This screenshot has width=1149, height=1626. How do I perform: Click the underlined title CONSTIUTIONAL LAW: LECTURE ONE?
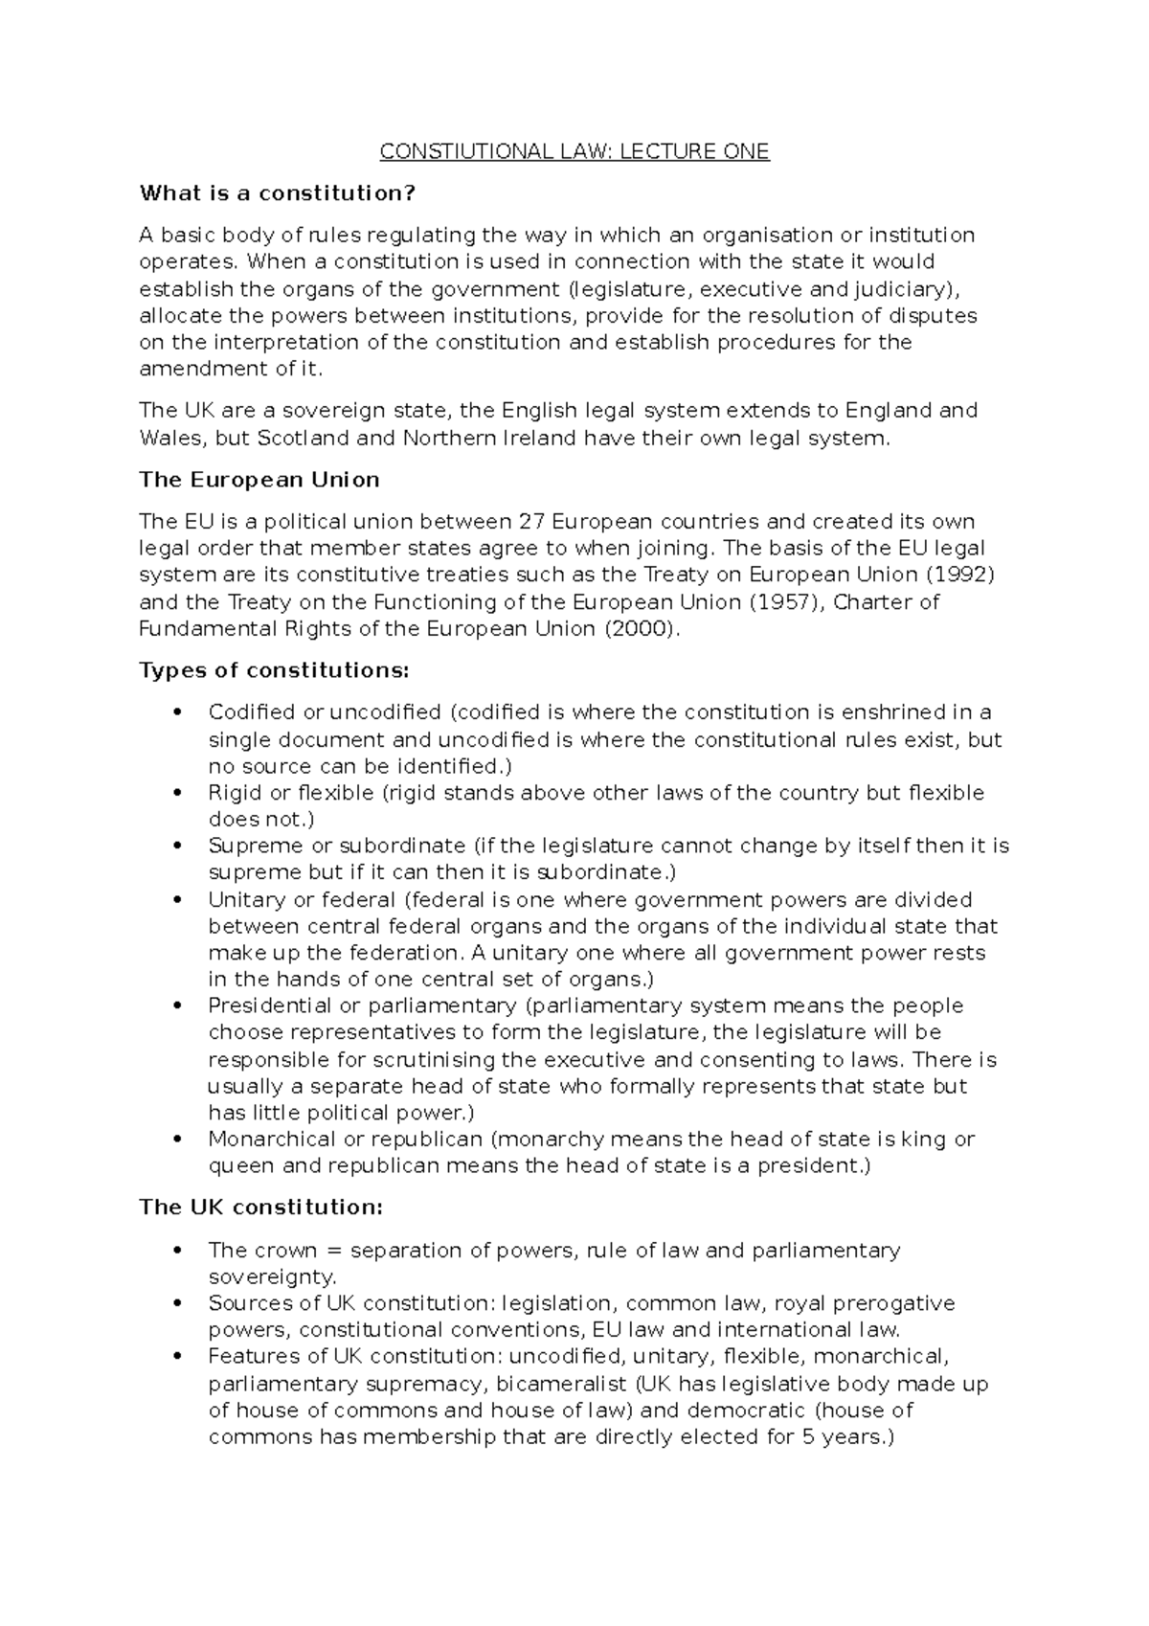click(574, 151)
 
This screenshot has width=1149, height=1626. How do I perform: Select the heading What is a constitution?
click(278, 193)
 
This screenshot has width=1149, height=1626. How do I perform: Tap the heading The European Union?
click(259, 480)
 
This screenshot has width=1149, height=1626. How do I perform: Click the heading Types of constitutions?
click(274, 670)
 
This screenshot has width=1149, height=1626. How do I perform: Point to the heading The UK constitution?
click(260, 1208)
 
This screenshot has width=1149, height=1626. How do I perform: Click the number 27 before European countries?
click(530, 522)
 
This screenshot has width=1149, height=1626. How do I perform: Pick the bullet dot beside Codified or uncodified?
click(175, 712)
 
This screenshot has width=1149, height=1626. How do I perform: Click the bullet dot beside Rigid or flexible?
click(175, 793)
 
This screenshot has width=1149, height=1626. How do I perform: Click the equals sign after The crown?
click(331, 1251)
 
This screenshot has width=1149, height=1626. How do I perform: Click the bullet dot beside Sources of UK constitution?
click(175, 1304)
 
